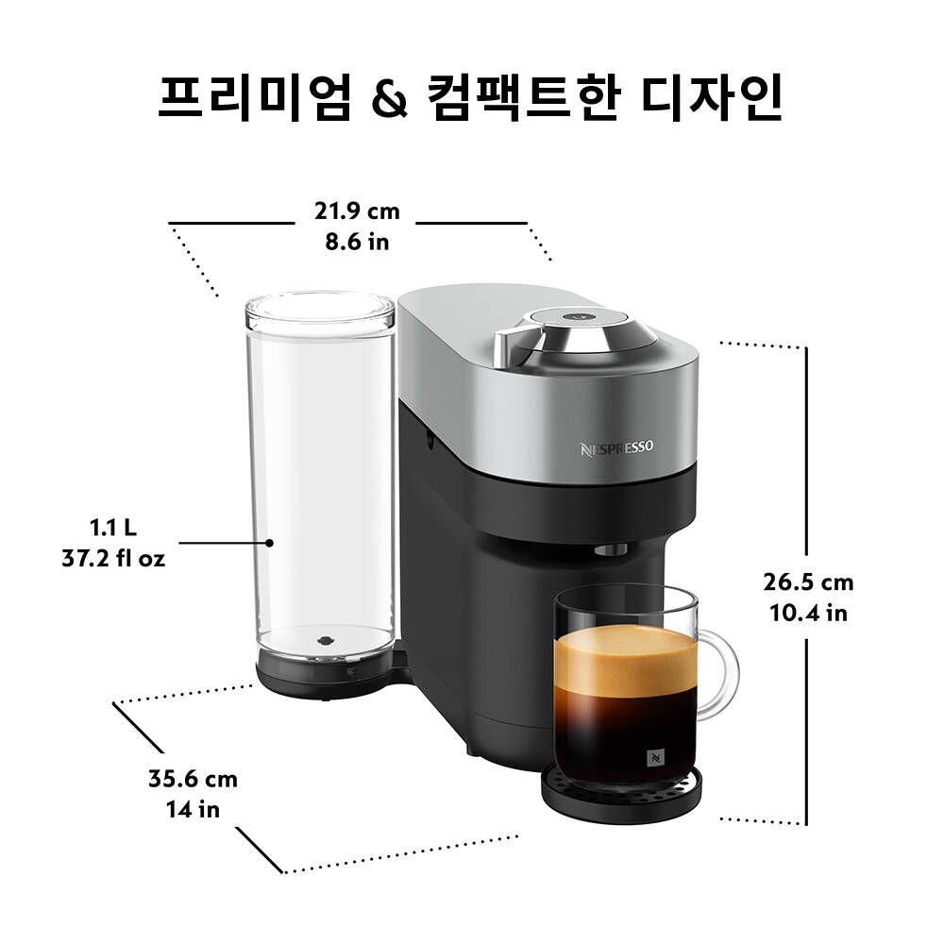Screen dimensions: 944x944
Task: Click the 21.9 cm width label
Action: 357,211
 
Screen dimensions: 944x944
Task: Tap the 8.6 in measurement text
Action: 357,242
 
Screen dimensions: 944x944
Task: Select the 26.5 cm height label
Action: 809,582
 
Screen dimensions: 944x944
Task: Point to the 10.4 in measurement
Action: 809,613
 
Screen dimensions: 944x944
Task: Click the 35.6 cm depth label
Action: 193,779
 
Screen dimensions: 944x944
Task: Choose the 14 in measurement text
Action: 193,810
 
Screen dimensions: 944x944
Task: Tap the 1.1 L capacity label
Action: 113,528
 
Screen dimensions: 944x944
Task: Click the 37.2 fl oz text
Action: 113,559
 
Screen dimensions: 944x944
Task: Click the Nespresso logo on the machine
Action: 616,448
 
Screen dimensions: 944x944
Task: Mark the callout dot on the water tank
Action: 270,543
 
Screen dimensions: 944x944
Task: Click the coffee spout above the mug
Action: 611,549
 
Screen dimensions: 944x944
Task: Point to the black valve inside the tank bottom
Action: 325,641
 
